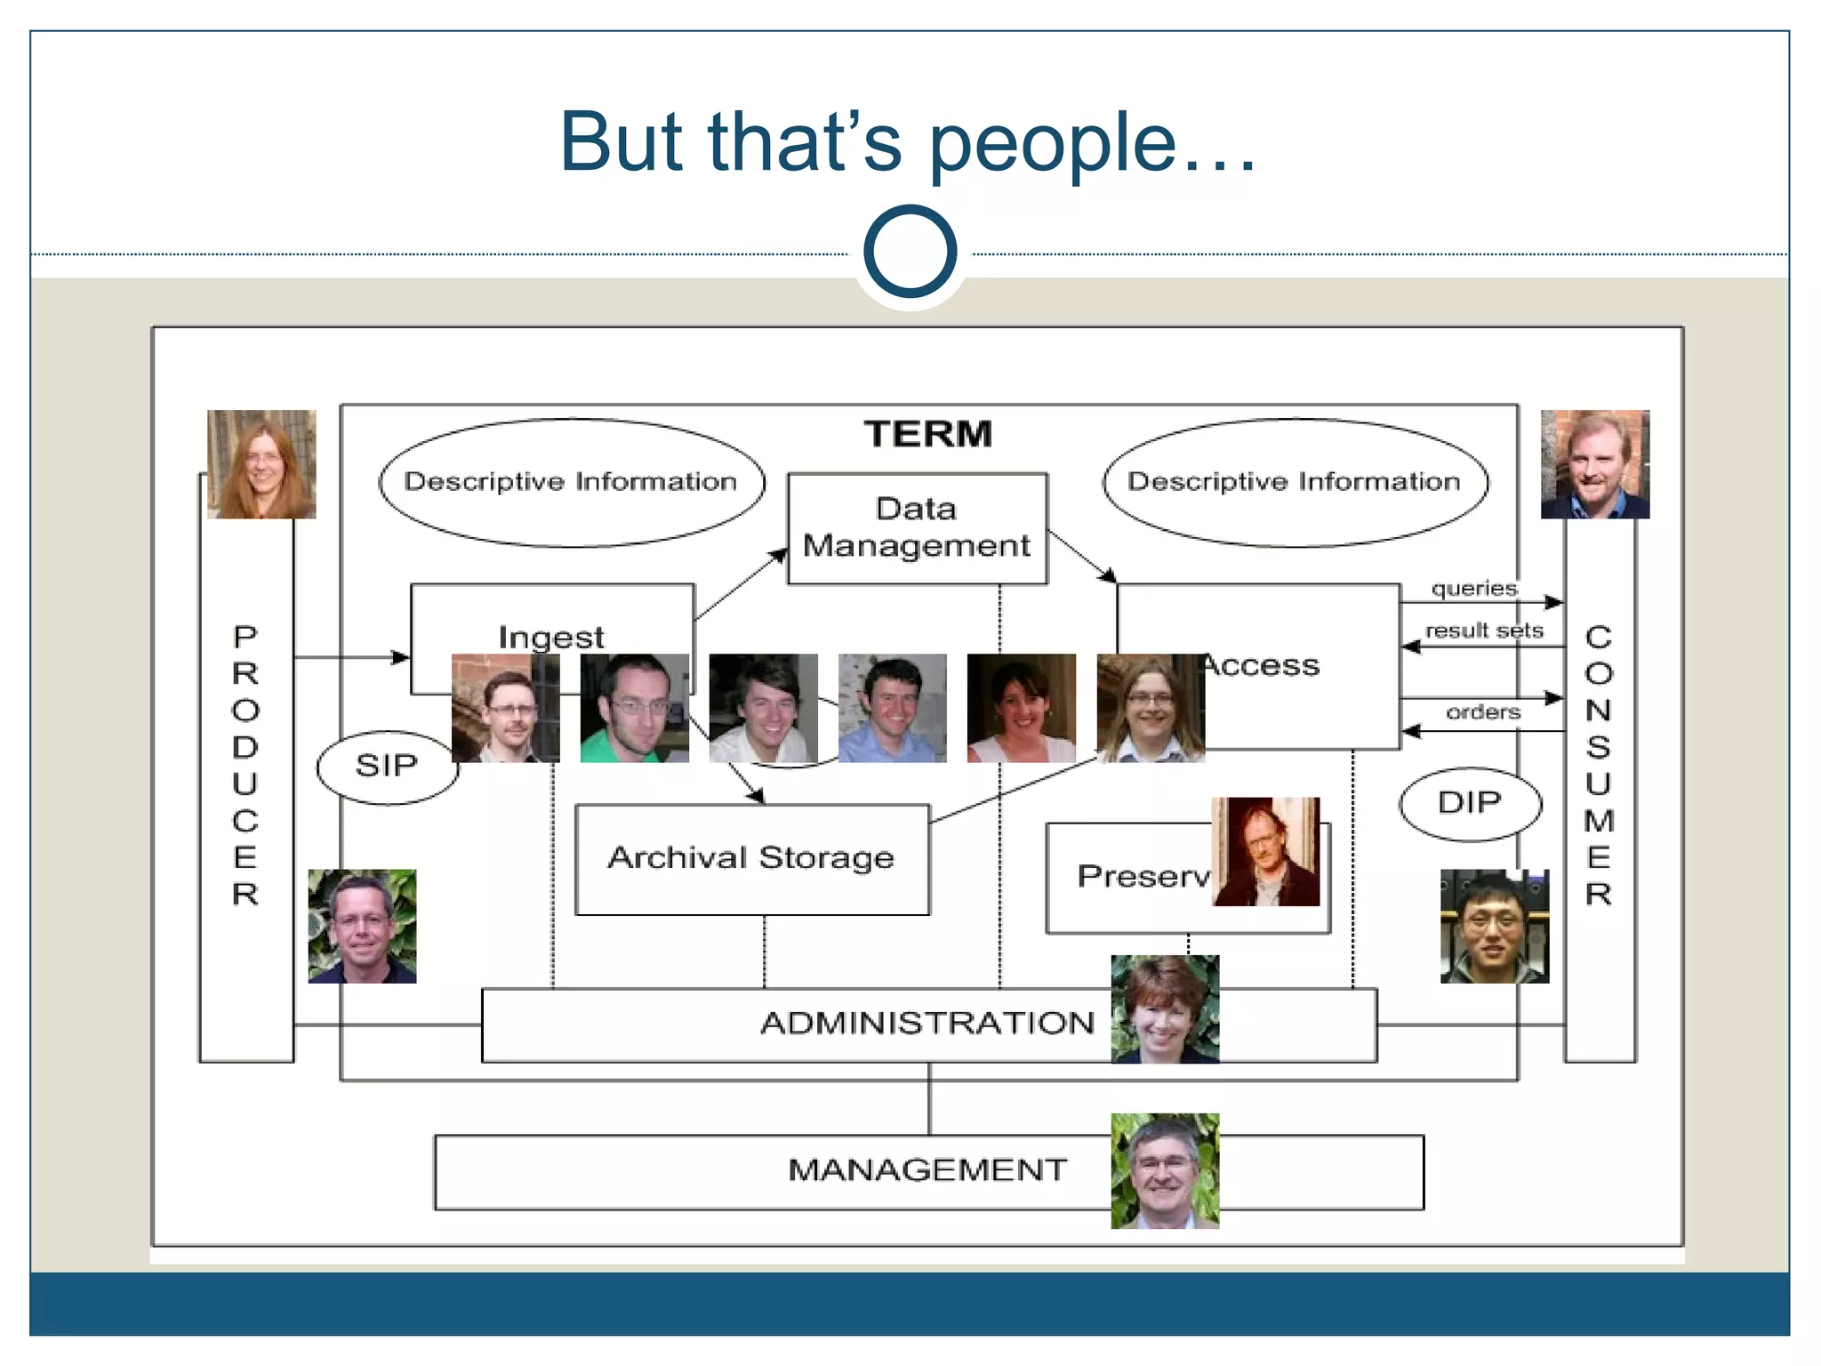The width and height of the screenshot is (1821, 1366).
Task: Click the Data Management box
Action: click(x=917, y=527)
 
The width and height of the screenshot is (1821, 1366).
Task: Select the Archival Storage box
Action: click(x=751, y=858)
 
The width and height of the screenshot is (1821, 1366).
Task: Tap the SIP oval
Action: click(x=387, y=766)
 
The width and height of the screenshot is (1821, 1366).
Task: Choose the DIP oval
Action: click(x=1469, y=803)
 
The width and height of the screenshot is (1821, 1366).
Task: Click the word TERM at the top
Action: click(x=927, y=434)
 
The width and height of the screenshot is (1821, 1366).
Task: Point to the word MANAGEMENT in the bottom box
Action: click(x=927, y=1170)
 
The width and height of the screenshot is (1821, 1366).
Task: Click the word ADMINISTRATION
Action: click(x=927, y=1024)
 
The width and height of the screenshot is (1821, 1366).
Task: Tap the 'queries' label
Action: click(x=1473, y=588)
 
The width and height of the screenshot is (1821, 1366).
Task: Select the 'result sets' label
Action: click(x=1483, y=631)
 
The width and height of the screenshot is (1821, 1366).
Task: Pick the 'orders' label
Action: click(x=1482, y=712)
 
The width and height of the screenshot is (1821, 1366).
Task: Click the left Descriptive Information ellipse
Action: click(x=571, y=482)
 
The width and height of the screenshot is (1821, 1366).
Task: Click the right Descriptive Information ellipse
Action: click(x=1295, y=482)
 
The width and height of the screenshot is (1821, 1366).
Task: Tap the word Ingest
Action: click(x=551, y=637)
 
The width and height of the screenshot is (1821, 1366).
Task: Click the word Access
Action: click(x=1263, y=665)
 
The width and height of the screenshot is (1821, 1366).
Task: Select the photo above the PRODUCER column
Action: click(x=261, y=463)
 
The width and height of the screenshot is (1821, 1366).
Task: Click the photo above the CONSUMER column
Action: click(x=1595, y=463)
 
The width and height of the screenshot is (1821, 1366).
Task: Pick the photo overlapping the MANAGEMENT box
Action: click(x=1165, y=1170)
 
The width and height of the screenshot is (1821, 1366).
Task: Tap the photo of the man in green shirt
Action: click(x=634, y=708)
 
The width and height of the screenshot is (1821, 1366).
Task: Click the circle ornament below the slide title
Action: click(x=910, y=252)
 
